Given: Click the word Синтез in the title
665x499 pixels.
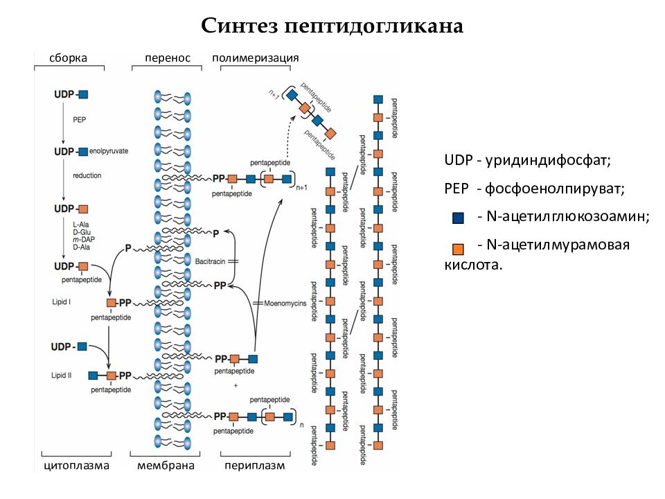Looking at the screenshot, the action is tap(239, 26).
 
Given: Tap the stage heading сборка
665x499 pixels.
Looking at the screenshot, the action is tap(69, 58).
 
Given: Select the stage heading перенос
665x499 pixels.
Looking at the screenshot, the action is tap(168, 58).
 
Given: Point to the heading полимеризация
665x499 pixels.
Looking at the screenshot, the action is tap(256, 58).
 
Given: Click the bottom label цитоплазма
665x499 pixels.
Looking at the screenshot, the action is tap(77, 466).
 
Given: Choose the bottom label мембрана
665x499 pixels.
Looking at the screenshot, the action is tap(166, 466).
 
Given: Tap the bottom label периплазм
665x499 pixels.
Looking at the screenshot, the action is tap(254, 466).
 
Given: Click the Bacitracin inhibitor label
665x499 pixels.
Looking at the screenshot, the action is tap(210, 261).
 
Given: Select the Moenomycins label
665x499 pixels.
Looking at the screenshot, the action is tap(285, 304).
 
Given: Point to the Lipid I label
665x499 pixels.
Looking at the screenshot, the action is tap(61, 301).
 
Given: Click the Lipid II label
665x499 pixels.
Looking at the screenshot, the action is tap(62, 375).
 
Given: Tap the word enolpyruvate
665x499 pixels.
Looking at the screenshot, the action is tap(109, 151).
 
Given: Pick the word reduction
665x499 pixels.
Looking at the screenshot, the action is tap(87, 175).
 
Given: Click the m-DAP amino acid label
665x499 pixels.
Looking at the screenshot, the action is tap(84, 240).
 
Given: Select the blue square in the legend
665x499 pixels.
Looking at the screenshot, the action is tap(458, 218).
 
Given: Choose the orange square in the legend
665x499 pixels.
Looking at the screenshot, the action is tap(458, 249).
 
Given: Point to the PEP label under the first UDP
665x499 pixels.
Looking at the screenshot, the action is tap(79, 120).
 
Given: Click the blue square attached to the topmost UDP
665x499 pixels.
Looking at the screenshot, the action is tap(84, 94).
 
